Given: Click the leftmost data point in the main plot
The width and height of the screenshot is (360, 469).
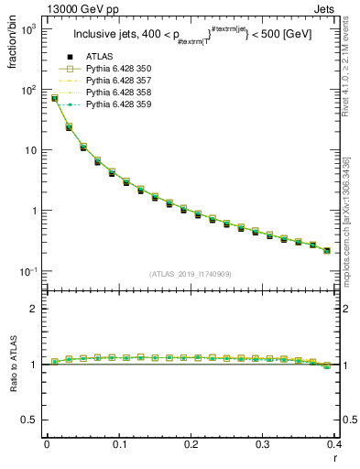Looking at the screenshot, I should (54, 98).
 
